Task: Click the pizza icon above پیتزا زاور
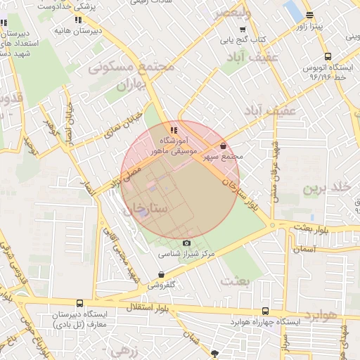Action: [x=309, y=15]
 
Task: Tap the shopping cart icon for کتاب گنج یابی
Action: [x=243, y=30]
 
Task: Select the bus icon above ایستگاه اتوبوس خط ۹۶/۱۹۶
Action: [x=327, y=57]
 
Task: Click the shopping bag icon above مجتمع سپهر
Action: [x=223, y=146]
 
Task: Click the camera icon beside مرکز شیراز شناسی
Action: [x=186, y=243]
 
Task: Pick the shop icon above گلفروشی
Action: [x=162, y=275]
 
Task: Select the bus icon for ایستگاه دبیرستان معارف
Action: [x=79, y=303]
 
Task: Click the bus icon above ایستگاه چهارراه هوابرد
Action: [x=265, y=311]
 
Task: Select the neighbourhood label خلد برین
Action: [x=326, y=188]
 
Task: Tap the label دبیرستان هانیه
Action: [x=77, y=31]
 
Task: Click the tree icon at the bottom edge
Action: [x=215, y=354]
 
